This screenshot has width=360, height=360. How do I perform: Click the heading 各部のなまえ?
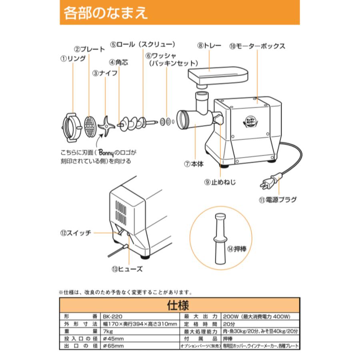(x=106, y=13)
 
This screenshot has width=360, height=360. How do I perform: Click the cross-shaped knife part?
(x=106, y=126)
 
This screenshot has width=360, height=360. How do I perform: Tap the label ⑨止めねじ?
(x=220, y=182)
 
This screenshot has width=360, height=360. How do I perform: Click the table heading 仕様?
(x=180, y=306)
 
